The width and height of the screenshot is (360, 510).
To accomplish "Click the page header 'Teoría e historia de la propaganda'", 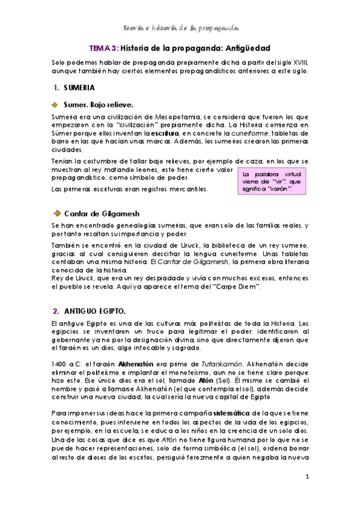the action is click(180, 28).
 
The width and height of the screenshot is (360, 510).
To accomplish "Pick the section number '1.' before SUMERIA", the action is click(55, 88).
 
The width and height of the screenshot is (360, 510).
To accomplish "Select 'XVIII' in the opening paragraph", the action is click(297, 63).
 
